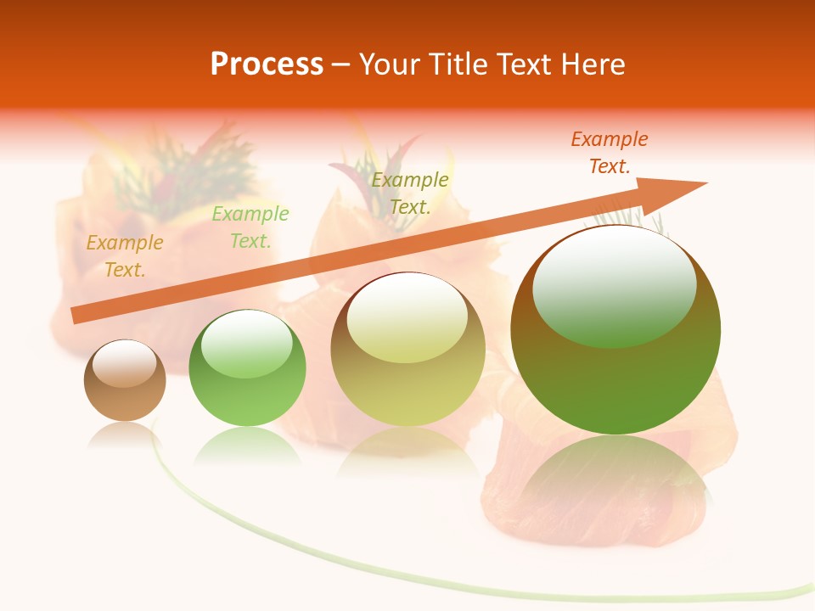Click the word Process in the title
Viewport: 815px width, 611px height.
click(x=267, y=64)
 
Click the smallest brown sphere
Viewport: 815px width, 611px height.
click(x=125, y=381)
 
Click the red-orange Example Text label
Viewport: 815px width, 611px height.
click(x=609, y=153)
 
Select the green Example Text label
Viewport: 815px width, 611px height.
click(x=250, y=227)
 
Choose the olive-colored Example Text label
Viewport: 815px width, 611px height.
click(x=410, y=193)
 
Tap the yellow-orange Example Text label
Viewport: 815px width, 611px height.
click(x=125, y=256)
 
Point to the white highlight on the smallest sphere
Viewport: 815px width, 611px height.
click(x=124, y=363)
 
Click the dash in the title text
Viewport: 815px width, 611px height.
click(x=340, y=65)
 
